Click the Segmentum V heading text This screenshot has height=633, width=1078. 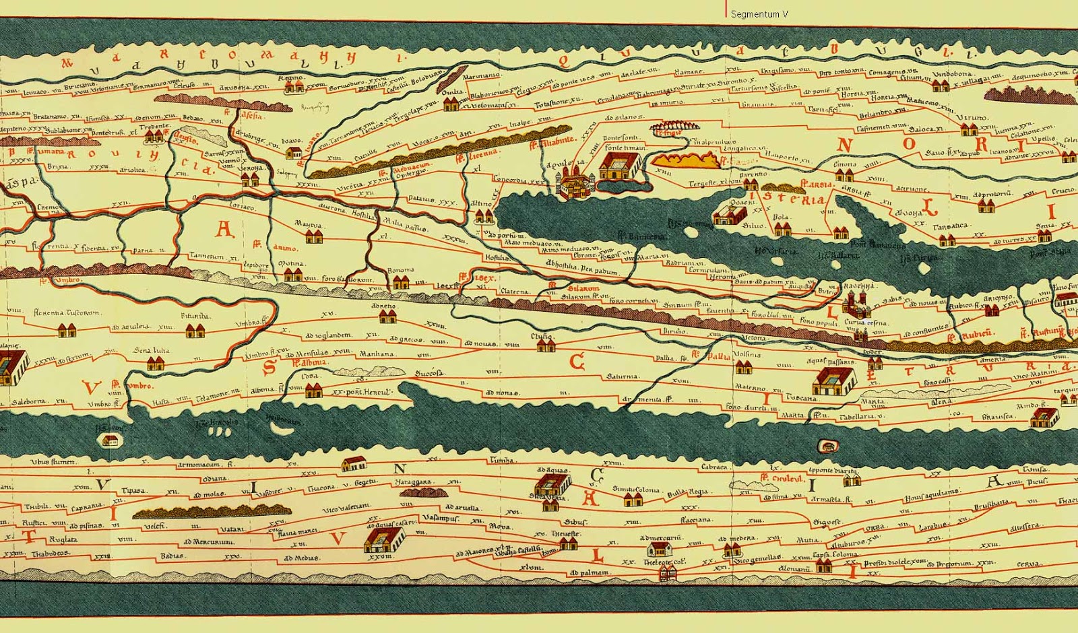coord(759,14)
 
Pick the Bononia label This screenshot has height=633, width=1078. coord(400,271)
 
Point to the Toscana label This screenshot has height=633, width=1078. coord(802,398)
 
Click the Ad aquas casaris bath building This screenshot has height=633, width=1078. coord(385,539)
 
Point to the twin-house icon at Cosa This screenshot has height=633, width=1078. coord(313,389)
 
